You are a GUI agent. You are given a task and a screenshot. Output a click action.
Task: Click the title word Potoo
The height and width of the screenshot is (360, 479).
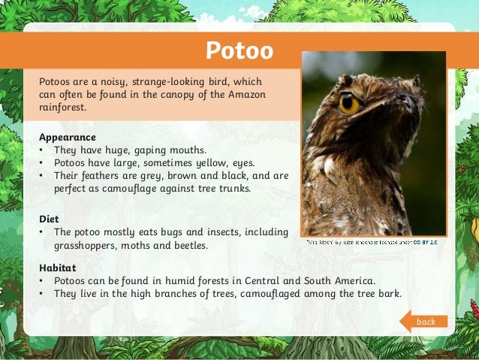coord(239,52)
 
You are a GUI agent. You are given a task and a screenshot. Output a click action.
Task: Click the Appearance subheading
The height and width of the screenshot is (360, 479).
coord(67,138)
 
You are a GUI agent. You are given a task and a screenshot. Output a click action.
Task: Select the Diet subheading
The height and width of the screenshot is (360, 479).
coord(49,219)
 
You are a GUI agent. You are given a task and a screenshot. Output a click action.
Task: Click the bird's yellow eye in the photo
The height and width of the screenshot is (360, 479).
coord(349,103)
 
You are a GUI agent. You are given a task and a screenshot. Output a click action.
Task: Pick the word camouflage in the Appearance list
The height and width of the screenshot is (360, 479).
coord(120,189)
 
